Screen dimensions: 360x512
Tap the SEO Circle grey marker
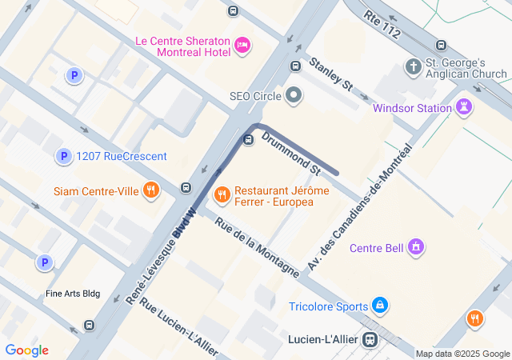tap(294, 96)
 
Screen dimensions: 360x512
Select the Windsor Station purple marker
tap(464, 107)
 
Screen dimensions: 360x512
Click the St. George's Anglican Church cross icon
tap(414, 66)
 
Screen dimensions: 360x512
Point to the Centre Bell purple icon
tap(414, 247)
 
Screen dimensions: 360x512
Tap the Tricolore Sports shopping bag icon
tap(380, 306)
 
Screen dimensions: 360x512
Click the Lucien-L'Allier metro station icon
tap(369, 339)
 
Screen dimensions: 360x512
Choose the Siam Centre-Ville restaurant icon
tap(150, 190)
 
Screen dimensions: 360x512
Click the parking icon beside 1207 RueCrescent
tap(63, 156)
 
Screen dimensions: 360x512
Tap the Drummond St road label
tap(290, 153)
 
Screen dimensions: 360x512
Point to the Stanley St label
tap(330, 73)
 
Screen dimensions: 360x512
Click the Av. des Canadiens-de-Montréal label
tap(358, 206)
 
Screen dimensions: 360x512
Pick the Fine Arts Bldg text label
tap(73, 294)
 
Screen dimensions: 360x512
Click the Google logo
tap(26, 350)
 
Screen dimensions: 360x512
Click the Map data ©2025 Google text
tap(462, 354)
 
